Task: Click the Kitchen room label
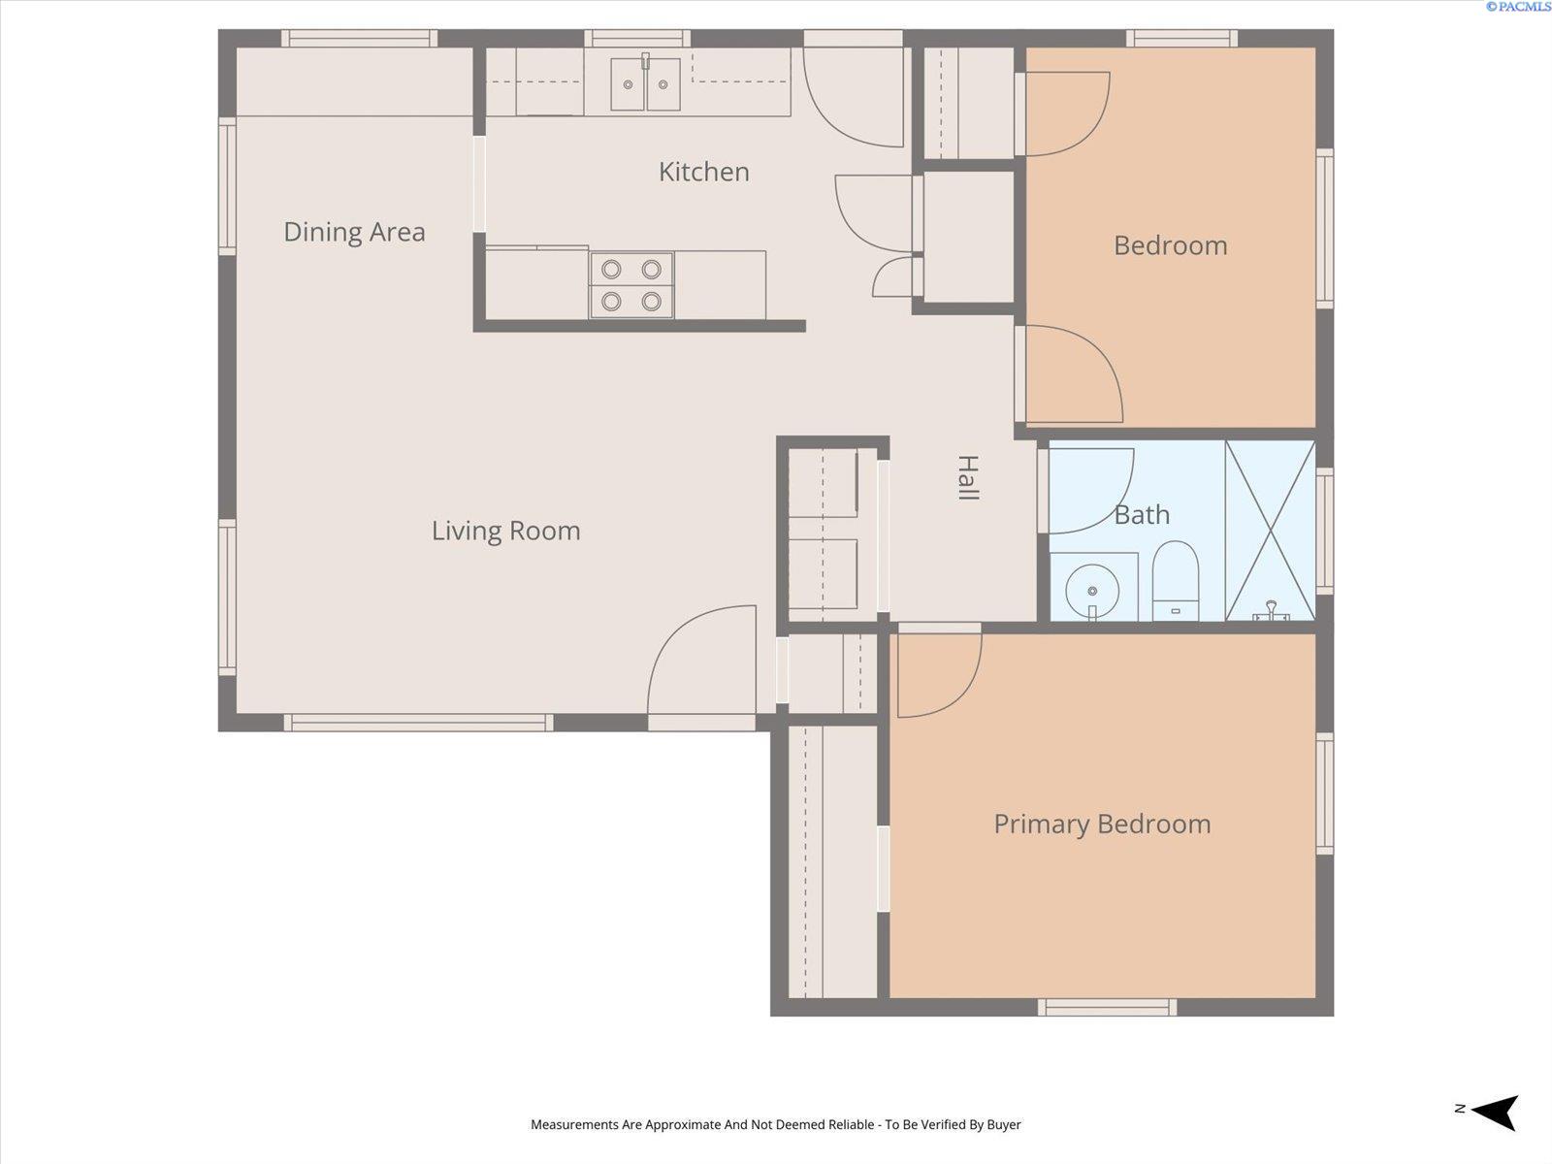click(703, 172)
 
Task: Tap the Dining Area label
click(354, 232)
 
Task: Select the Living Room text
click(505, 531)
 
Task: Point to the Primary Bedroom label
click(1102, 824)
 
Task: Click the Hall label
click(967, 477)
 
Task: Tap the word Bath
click(1142, 514)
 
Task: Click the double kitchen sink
click(645, 84)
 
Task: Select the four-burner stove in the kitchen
click(631, 285)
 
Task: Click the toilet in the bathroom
click(1176, 580)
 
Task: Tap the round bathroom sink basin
click(1092, 589)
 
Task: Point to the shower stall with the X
click(1270, 531)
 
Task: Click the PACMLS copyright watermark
click(1517, 7)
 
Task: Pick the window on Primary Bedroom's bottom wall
click(1107, 1007)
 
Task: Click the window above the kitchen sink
click(637, 39)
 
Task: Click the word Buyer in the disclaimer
click(1004, 1124)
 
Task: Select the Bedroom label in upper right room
click(1170, 245)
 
